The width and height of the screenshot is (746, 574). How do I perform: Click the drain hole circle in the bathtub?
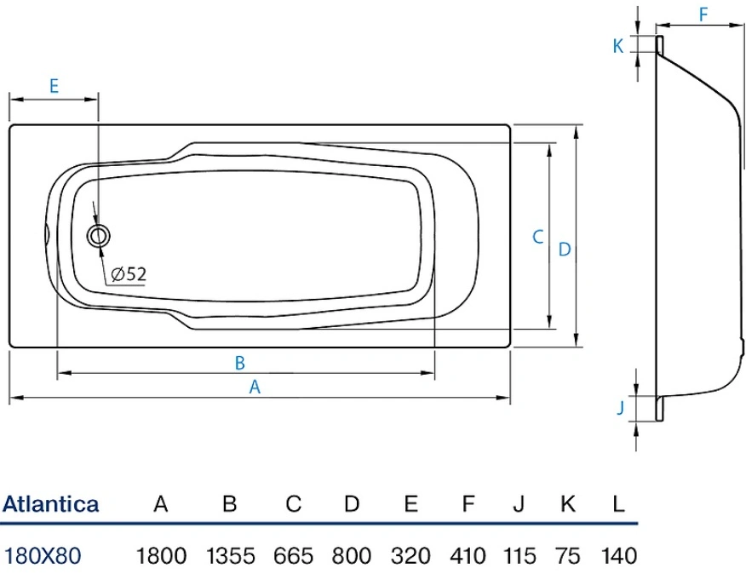[x=100, y=237]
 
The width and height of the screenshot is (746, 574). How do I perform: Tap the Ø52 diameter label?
[x=128, y=273]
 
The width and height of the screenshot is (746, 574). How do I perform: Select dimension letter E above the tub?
[x=53, y=85]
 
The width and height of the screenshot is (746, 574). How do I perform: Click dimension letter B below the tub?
[x=240, y=363]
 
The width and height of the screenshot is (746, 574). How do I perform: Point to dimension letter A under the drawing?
[x=254, y=387]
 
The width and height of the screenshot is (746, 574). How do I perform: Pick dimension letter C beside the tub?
[x=537, y=237]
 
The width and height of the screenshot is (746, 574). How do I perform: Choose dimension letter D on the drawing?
[x=564, y=250]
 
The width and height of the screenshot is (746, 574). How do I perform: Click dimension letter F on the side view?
[x=703, y=14]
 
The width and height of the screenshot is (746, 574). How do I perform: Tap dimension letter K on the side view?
[x=618, y=46]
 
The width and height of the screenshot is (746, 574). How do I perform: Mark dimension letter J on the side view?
[x=621, y=408]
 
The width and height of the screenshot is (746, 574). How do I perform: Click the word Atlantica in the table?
[x=51, y=503]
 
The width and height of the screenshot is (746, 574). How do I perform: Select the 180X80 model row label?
[x=43, y=556]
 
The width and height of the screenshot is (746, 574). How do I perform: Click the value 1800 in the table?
[x=161, y=556]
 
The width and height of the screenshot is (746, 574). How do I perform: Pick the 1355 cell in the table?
[x=230, y=556]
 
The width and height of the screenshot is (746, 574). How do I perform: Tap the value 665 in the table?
[x=294, y=556]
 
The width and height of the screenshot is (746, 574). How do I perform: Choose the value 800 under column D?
[x=352, y=556]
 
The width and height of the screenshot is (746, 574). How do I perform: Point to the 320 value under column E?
[x=410, y=556]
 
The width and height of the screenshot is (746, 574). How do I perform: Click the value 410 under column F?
[x=468, y=556]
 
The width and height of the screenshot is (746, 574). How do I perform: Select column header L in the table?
[x=618, y=503]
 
